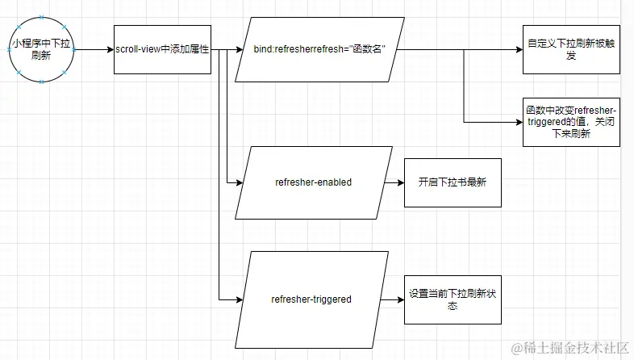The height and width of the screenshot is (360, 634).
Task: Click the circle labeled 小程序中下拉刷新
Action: point(42,50)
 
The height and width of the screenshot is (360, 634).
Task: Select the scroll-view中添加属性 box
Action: point(162,50)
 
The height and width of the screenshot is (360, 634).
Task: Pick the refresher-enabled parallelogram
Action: point(313,182)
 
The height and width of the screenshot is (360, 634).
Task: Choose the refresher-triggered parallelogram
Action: point(311,299)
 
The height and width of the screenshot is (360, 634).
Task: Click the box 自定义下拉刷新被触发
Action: point(571,50)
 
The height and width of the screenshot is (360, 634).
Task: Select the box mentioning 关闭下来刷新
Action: point(571,122)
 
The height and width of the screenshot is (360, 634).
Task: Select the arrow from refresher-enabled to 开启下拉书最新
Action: point(394,182)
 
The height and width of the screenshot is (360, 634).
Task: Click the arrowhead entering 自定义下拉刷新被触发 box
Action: point(518,50)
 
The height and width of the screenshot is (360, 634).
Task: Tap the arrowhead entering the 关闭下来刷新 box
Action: point(518,122)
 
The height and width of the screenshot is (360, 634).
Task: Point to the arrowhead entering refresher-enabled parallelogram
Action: point(239,182)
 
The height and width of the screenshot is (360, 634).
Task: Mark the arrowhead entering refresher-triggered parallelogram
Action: point(239,299)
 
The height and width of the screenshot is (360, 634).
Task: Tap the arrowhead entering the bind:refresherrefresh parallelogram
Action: point(239,50)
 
